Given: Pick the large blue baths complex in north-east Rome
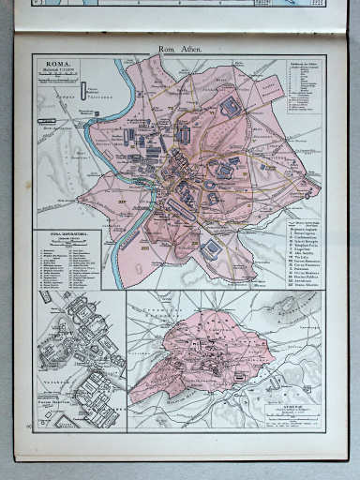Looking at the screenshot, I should point(230,107).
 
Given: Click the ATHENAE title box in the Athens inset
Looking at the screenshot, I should point(294,410).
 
